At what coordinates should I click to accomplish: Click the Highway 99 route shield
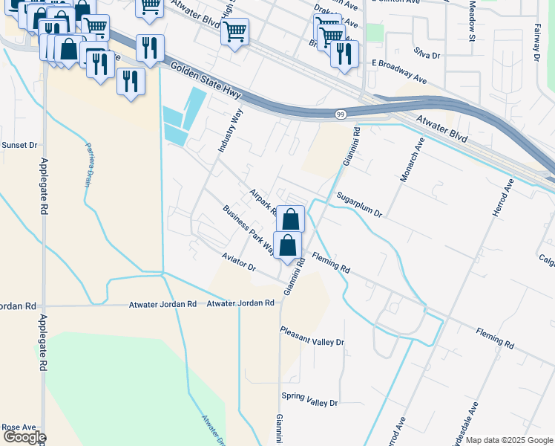[340, 114]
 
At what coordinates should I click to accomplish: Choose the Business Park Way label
[249, 228]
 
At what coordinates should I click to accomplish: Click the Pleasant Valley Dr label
[312, 342]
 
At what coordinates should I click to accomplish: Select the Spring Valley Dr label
[309, 402]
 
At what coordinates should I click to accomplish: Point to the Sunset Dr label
[19, 145]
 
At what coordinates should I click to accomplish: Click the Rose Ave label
[19, 427]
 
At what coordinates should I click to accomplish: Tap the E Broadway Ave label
[398, 77]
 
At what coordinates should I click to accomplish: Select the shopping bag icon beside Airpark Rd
[291, 219]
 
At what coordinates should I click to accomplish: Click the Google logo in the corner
[24, 437]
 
